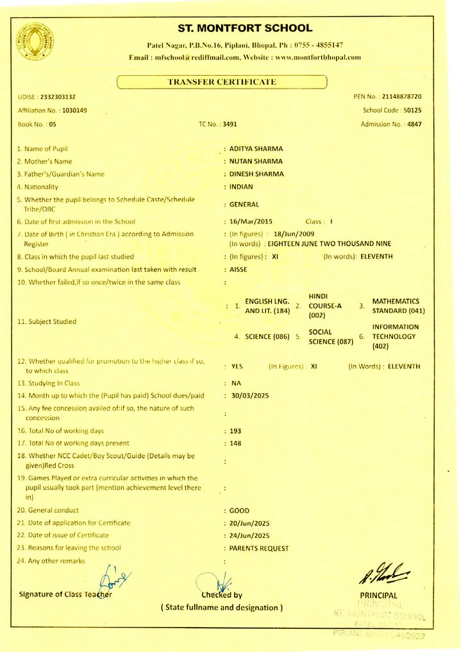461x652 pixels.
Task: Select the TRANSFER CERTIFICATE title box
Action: click(x=222, y=82)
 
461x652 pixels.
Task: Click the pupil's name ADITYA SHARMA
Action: click(x=256, y=149)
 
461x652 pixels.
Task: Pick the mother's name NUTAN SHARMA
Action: click(x=256, y=162)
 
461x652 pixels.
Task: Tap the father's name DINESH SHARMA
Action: click(x=256, y=175)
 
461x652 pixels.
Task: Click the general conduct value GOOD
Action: click(x=239, y=511)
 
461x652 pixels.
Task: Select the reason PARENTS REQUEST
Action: click(x=258, y=548)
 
